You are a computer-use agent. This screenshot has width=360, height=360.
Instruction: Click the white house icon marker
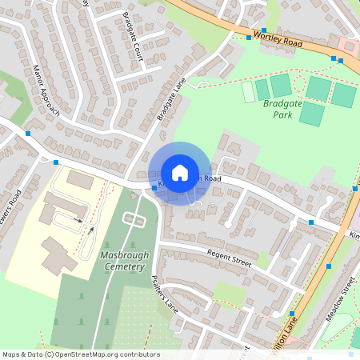(180, 173)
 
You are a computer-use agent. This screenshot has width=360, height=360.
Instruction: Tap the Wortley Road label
(276, 37)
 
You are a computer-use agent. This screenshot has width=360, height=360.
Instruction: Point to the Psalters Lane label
(165, 294)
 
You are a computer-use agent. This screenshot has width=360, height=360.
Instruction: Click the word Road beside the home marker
(210, 179)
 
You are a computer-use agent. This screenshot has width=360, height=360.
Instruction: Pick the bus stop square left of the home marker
(154, 188)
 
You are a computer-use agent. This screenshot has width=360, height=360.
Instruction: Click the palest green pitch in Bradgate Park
(248, 92)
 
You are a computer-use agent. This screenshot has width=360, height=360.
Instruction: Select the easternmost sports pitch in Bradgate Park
(344, 94)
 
